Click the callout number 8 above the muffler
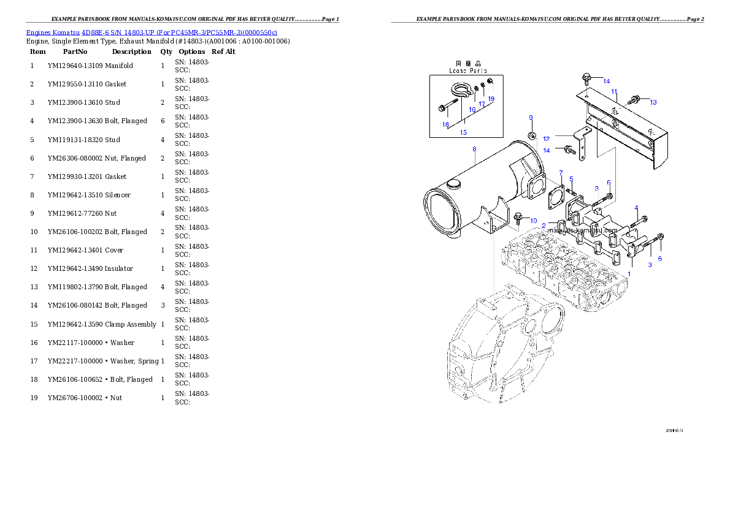pos(474,149)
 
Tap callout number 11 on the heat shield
pos(613,91)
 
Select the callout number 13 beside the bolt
pos(653,102)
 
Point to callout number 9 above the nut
pos(531,117)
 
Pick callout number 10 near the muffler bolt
pos(533,221)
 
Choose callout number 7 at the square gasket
pos(560,173)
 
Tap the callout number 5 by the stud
pos(571,179)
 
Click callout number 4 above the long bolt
pos(636,208)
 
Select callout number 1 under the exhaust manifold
pos(628,274)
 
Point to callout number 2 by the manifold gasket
pos(544,226)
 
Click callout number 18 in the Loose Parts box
pos(446,124)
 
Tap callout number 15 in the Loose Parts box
pos(463,132)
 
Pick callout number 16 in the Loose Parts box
pos(472,110)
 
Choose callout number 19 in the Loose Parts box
pos(491,99)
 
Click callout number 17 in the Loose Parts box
pos(482,104)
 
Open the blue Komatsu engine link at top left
pos(152,32)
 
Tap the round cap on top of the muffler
pos(455,184)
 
